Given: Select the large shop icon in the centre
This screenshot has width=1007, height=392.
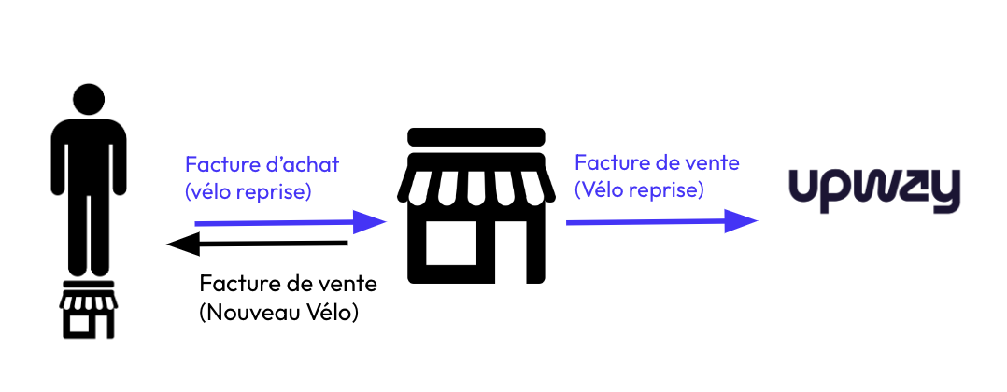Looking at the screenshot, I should pos(475,207).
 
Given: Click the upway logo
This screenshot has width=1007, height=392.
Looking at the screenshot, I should pos(873,190).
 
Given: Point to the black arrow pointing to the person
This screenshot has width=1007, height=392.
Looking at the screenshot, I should pos(257,245).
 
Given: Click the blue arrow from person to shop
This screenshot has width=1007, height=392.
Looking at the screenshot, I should pos(290,223).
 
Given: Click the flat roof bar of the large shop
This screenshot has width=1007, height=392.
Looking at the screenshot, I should pos(475,136).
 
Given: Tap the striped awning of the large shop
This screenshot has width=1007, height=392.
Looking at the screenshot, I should pos(475,181).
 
